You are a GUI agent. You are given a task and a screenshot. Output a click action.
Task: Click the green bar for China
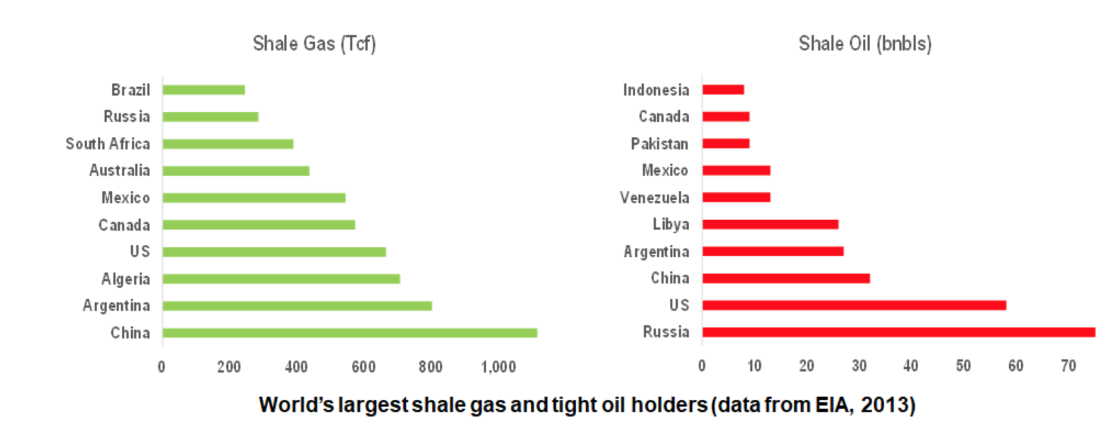click(x=349, y=333)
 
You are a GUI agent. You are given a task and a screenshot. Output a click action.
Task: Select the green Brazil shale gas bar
click(x=204, y=90)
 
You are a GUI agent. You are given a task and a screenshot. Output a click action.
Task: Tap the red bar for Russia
click(x=899, y=333)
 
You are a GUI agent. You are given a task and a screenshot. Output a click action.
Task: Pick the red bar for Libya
click(x=770, y=225)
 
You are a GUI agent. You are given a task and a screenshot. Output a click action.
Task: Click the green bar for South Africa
click(x=228, y=144)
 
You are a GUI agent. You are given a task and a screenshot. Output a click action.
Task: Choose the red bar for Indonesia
click(x=723, y=90)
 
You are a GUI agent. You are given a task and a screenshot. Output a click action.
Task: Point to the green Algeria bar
click(x=281, y=279)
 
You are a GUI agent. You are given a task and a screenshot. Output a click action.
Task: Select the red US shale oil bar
click(x=854, y=305)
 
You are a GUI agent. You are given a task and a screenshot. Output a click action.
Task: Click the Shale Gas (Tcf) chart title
click(x=314, y=44)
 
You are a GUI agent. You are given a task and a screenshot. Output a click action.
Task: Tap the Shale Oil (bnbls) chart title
click(x=865, y=44)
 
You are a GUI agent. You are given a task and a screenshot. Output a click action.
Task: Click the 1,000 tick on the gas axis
click(x=498, y=367)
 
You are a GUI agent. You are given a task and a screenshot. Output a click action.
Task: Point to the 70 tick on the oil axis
click(x=1068, y=366)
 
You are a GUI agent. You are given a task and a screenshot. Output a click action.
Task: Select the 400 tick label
click(x=296, y=367)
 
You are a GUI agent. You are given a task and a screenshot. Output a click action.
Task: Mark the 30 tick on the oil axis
click(x=859, y=366)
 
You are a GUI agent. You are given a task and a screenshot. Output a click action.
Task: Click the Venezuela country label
click(x=655, y=198)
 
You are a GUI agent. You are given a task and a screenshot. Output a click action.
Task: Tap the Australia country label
click(x=120, y=170)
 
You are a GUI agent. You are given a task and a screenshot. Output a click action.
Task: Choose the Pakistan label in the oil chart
click(x=660, y=144)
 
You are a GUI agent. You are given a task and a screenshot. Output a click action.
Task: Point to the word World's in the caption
click(x=297, y=405)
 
